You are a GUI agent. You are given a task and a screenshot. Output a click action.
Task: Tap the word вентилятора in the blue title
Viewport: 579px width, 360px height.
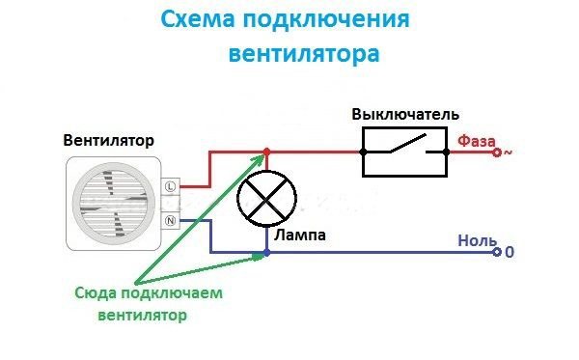click(304, 53)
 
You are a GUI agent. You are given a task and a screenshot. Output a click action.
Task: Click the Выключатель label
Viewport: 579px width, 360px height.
click(398, 114)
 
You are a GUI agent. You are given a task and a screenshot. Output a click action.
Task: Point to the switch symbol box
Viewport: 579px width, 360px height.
click(403, 152)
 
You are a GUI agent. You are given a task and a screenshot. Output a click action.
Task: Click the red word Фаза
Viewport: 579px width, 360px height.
click(476, 138)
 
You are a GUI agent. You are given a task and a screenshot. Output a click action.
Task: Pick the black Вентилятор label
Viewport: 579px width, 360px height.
click(109, 140)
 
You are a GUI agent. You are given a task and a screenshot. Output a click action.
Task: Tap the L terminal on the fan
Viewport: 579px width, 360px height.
click(170, 185)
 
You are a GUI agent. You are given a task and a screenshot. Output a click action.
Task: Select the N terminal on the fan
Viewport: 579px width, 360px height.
click(170, 221)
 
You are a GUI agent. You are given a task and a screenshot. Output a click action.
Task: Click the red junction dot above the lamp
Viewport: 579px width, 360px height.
click(267, 152)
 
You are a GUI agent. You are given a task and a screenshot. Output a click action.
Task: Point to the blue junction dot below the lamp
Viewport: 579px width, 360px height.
click(267, 253)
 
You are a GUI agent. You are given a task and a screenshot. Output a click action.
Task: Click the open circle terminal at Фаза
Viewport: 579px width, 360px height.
click(496, 152)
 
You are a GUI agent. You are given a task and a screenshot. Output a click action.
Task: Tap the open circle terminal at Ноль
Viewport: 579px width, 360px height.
click(496, 253)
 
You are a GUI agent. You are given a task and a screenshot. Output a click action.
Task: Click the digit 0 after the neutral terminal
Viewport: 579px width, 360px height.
click(510, 254)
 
